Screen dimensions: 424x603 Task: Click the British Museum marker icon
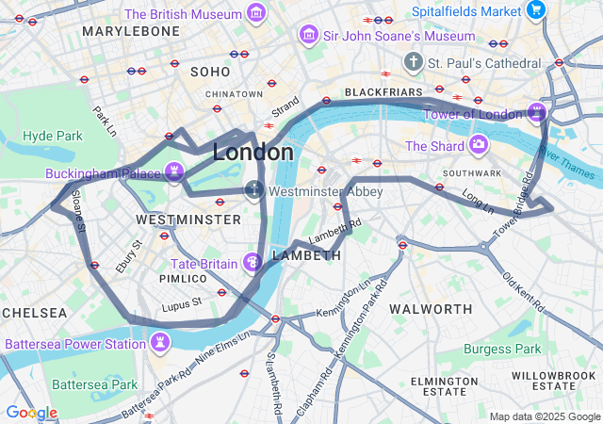(254, 14)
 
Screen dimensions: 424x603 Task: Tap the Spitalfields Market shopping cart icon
(536, 11)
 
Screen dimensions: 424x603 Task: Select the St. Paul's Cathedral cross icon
(412, 62)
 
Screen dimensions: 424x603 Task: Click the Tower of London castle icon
(537, 114)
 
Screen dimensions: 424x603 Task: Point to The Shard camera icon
(479, 145)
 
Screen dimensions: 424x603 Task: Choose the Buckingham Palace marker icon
(173, 171)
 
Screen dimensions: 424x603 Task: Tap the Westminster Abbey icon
(253, 189)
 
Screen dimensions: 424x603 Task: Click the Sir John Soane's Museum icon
(307, 35)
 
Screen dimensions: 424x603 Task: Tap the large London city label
(253, 152)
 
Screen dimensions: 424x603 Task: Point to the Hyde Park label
(53, 136)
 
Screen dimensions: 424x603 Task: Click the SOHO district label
(210, 72)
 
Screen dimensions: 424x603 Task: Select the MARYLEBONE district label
(130, 31)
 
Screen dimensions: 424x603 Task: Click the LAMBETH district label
(306, 255)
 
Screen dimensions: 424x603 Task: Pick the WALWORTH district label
(431, 309)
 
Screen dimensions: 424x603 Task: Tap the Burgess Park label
(501, 349)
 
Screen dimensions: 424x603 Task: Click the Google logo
(32, 413)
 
